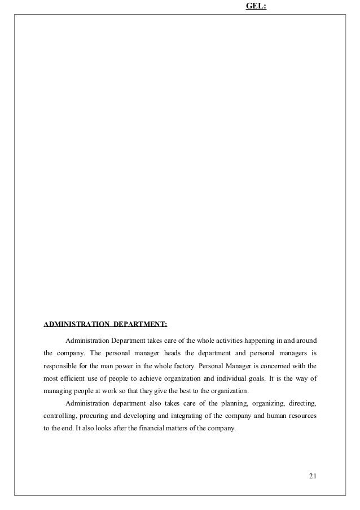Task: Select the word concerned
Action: (x=271, y=366)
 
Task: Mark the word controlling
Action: (x=60, y=416)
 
